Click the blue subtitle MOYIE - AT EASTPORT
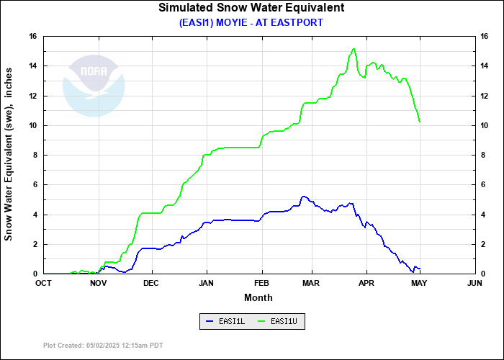click(x=251, y=22)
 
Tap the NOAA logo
click(x=94, y=85)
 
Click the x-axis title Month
click(x=258, y=297)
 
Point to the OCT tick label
click(x=43, y=284)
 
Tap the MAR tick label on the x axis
click(x=312, y=284)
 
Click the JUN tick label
click(x=474, y=284)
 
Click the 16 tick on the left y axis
click(x=33, y=36)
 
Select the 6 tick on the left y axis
click(x=35, y=185)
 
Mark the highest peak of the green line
click(x=354, y=49)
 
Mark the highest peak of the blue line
click(x=304, y=196)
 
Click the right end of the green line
click(x=420, y=122)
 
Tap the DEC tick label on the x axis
click(x=151, y=284)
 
